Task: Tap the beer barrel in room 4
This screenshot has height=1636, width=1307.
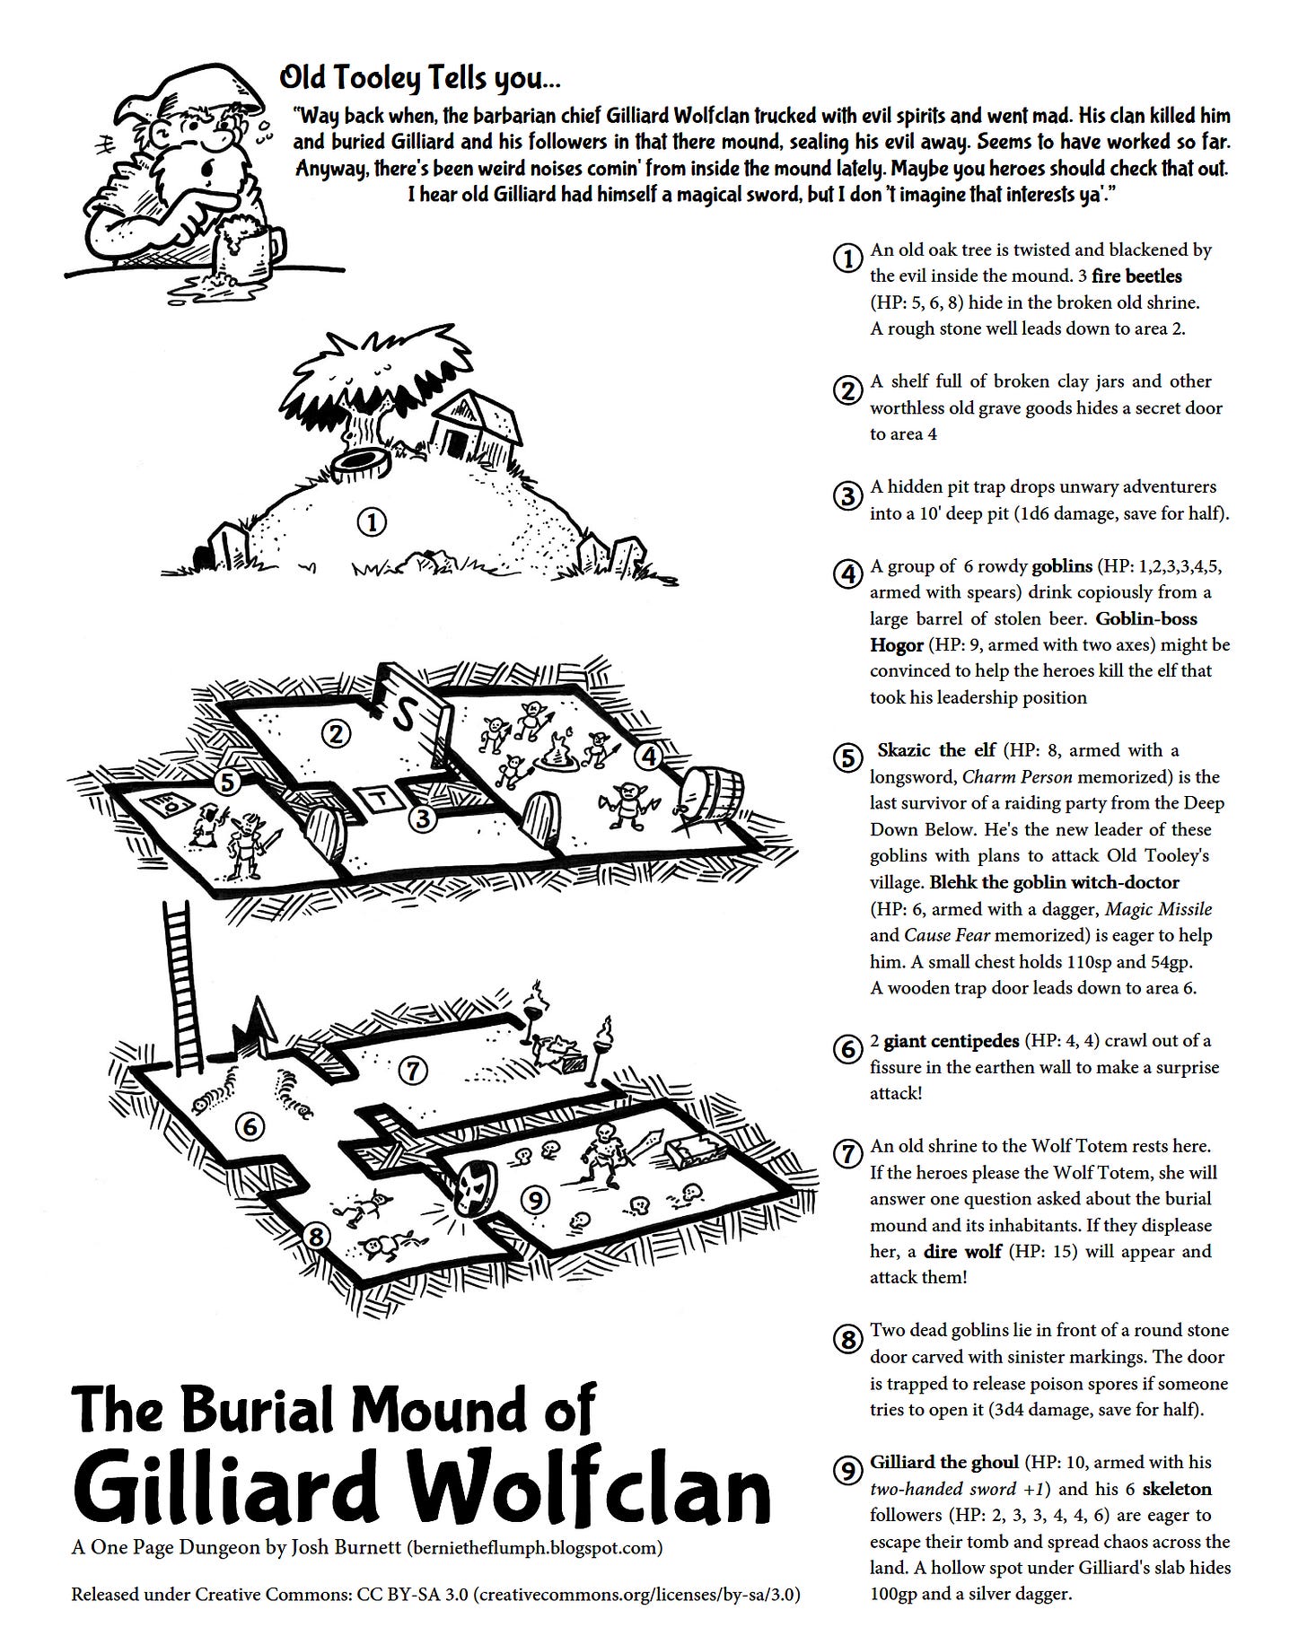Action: tap(711, 795)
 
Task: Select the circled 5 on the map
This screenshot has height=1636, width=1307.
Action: tap(227, 783)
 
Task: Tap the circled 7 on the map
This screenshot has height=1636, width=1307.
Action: tap(412, 1070)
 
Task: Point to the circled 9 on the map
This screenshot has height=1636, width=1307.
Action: tap(535, 1200)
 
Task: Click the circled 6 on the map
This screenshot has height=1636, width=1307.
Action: tap(250, 1126)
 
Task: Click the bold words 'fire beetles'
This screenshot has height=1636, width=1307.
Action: tap(1137, 276)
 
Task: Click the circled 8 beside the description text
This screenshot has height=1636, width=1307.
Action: tap(848, 1340)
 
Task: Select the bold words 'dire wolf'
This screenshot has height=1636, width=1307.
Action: tap(962, 1251)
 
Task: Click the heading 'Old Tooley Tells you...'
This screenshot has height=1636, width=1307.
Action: tap(420, 79)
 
